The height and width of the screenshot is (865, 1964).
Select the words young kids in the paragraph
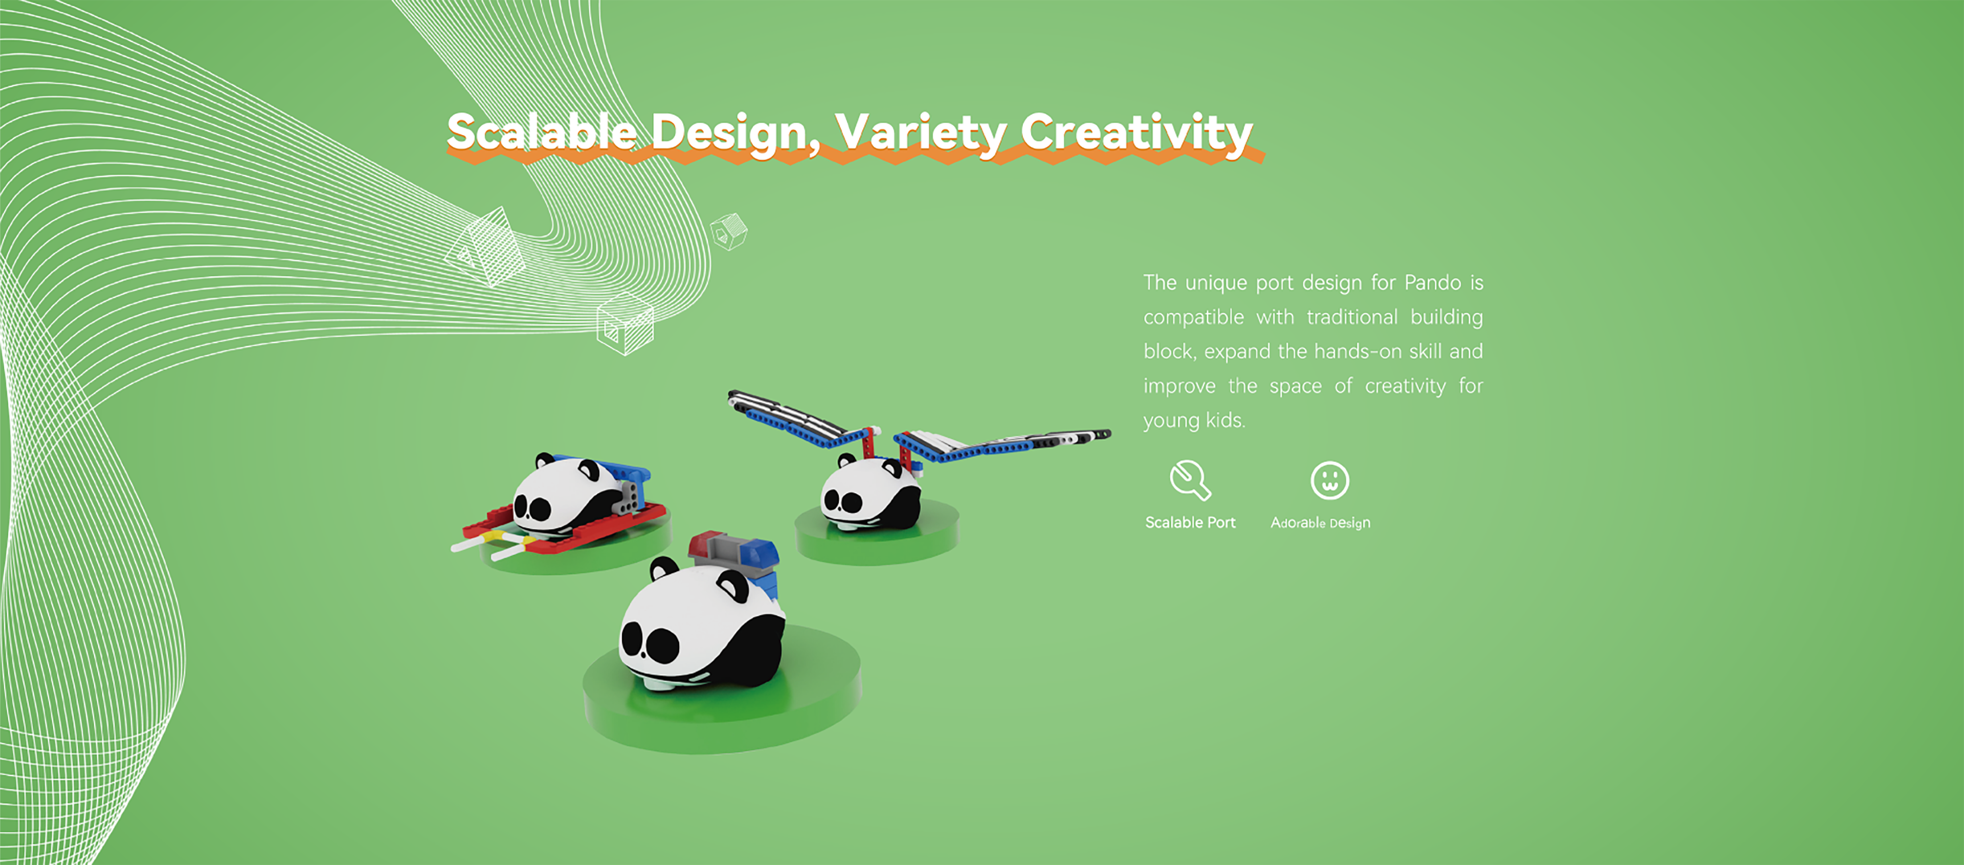coord(1194,420)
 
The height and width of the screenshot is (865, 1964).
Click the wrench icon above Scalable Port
coord(1190,481)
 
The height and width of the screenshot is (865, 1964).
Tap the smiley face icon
coord(1330,481)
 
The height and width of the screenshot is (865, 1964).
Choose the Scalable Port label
coord(1190,523)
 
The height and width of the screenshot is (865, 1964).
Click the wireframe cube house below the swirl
coord(625,323)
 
